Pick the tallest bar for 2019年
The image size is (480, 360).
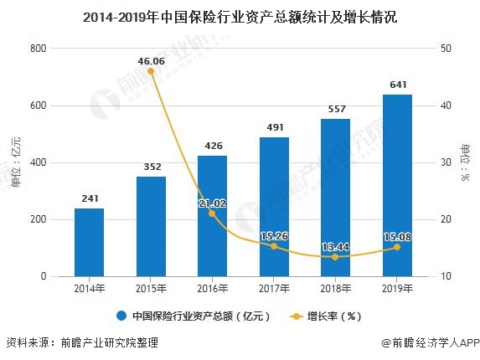(x=397, y=185)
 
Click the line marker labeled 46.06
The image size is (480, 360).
(x=151, y=71)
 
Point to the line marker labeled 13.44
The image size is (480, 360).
(x=335, y=257)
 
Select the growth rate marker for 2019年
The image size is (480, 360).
(x=397, y=247)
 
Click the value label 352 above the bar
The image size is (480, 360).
(x=151, y=165)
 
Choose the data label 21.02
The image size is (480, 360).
(x=212, y=202)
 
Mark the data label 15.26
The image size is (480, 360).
(x=274, y=236)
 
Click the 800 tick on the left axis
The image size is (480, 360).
(x=37, y=49)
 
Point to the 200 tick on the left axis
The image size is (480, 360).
(x=37, y=219)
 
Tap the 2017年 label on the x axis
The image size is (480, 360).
(x=274, y=288)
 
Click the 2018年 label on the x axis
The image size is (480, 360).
(x=335, y=288)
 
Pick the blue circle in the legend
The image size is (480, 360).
(x=121, y=316)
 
